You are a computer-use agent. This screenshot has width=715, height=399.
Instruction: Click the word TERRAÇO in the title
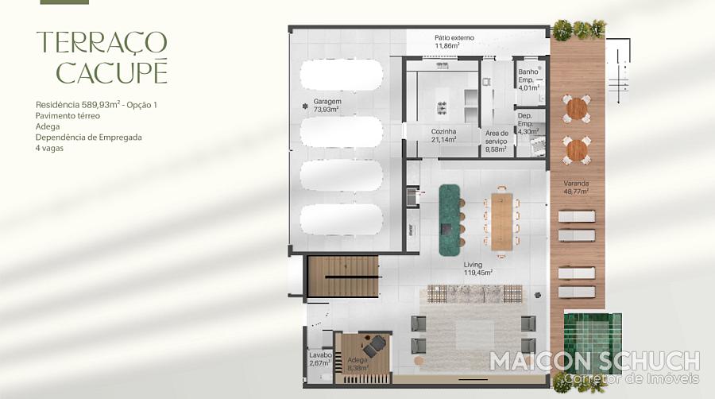(102, 42)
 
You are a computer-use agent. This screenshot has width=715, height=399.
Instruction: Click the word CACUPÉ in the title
(112, 72)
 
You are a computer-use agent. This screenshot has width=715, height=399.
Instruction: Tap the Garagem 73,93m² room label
(326, 106)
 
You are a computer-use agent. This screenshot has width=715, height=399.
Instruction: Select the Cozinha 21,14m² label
(443, 135)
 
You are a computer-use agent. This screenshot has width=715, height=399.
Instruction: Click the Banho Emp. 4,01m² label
(528, 79)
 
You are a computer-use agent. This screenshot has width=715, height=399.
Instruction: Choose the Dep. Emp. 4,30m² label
(528, 123)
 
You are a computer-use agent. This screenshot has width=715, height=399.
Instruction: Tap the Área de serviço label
(497, 141)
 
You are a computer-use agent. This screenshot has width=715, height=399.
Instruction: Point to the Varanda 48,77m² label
(576, 188)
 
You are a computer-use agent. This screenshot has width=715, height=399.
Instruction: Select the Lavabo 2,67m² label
(320, 359)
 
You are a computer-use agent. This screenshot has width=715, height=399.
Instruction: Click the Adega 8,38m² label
(358, 364)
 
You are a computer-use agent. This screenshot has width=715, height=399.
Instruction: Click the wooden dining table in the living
(502, 222)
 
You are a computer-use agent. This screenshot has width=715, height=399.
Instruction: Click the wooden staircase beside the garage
(343, 277)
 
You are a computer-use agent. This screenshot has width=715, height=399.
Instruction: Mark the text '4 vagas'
(49, 148)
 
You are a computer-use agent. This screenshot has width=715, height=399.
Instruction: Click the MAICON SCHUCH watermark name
(594, 361)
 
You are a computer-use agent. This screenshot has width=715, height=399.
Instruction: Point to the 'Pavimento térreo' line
(68, 116)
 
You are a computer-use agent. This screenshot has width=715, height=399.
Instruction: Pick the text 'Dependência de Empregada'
(88, 138)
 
